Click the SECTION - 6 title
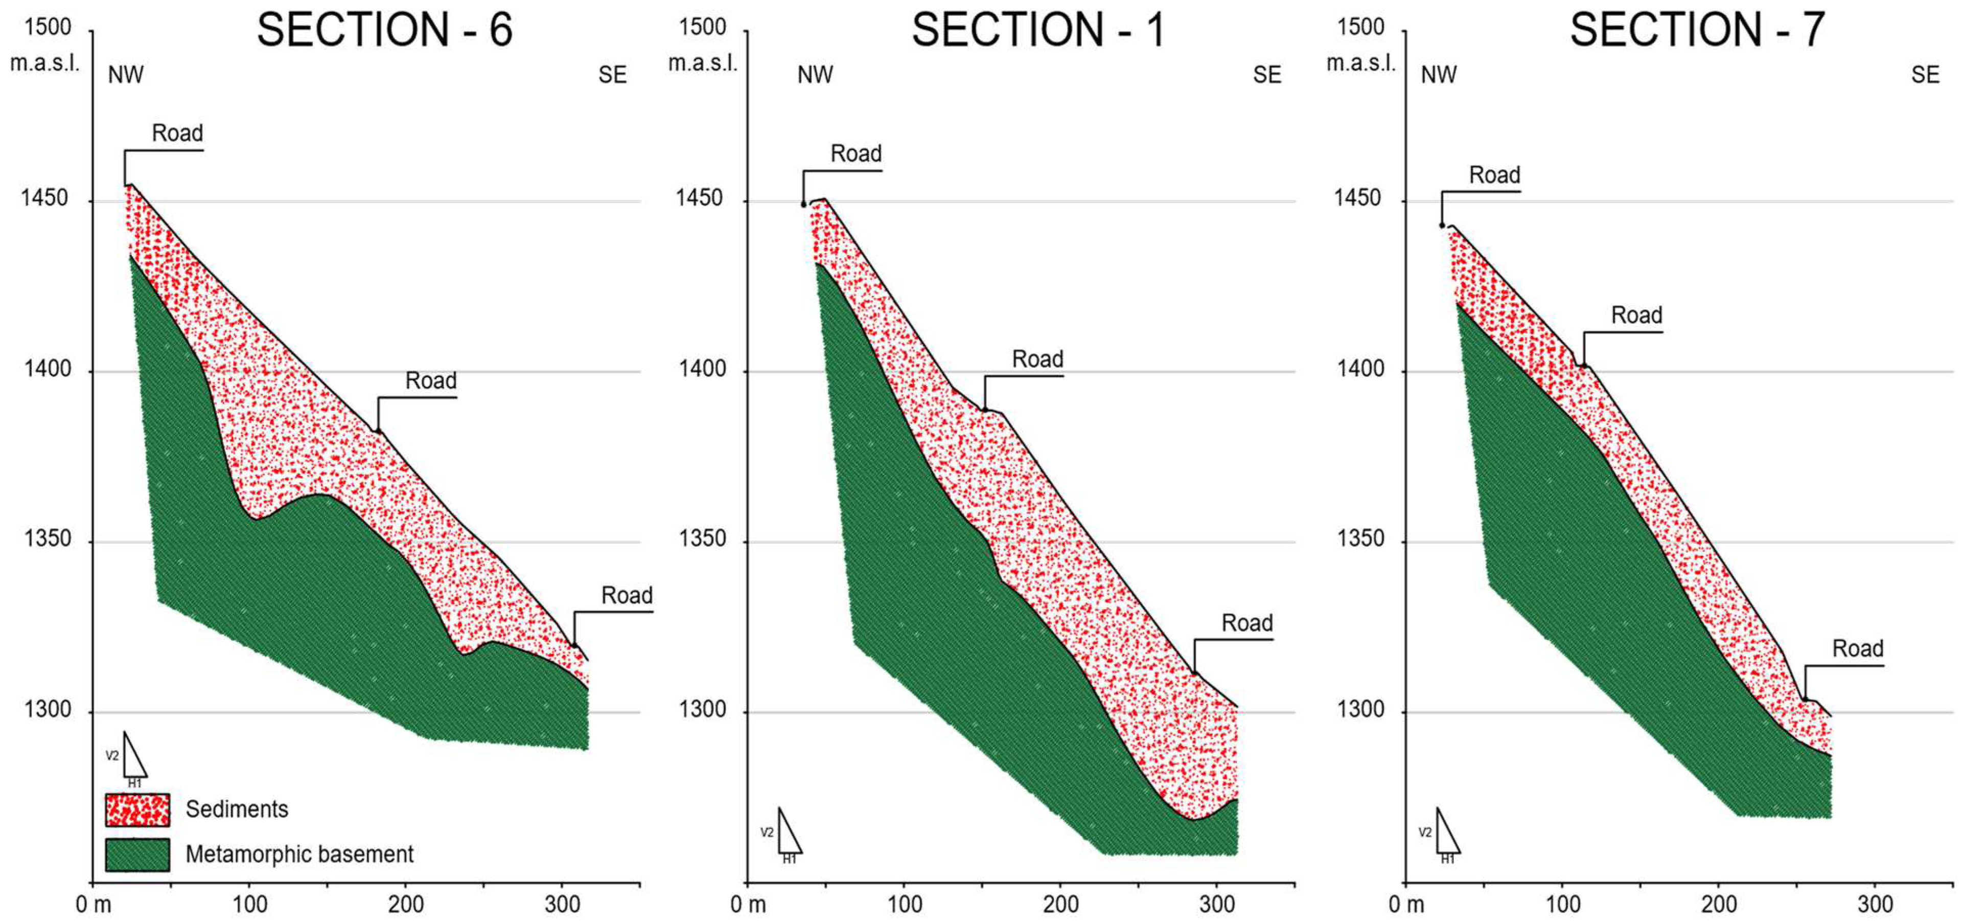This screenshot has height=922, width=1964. [384, 31]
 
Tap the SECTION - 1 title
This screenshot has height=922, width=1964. [1038, 31]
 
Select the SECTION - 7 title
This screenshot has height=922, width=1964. [1697, 31]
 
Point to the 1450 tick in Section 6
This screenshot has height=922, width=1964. [44, 198]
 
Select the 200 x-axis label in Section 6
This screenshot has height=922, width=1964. [406, 905]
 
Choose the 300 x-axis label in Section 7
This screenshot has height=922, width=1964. [1875, 905]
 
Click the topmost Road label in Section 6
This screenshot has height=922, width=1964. [177, 133]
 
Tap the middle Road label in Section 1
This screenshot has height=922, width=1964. [1037, 359]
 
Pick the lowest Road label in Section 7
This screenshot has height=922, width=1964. [1857, 649]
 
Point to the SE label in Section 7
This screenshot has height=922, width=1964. [1924, 75]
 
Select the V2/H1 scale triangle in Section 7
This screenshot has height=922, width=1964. [1446, 834]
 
